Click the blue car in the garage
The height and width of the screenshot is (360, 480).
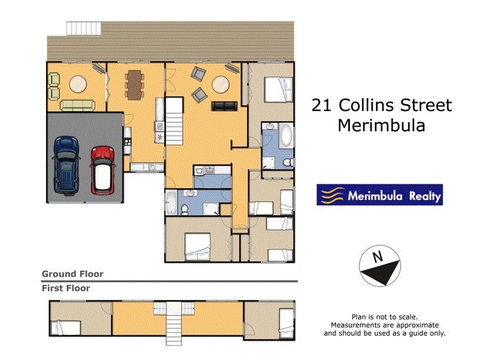click(65, 163)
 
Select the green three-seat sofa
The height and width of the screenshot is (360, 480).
click(77, 106)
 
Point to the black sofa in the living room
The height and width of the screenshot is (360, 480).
click(225, 106)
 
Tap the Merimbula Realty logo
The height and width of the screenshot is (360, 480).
click(379, 195)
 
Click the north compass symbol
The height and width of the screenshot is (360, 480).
click(379, 265)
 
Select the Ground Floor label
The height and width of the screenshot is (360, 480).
click(72, 274)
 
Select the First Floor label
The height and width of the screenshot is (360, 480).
click(66, 288)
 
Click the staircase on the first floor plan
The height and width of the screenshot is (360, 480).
click(174, 321)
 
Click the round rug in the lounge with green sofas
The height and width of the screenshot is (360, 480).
click(78, 85)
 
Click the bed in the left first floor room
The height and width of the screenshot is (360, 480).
click(66, 328)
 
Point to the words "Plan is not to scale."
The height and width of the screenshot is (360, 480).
click(384, 317)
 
